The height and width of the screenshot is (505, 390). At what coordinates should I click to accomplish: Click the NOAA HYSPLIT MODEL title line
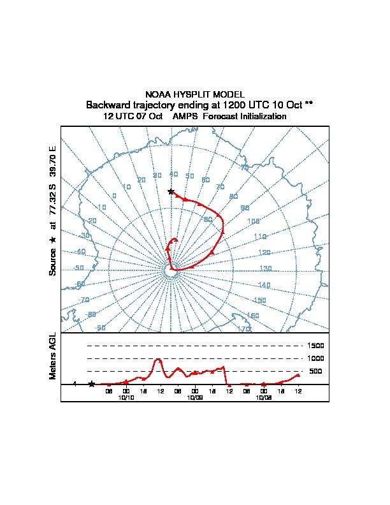tap(194, 94)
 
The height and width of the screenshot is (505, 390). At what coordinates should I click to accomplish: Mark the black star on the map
tap(171, 191)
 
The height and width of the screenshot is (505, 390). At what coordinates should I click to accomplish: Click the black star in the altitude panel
tap(92, 384)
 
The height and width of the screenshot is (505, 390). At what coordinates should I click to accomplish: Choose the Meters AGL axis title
tap(54, 356)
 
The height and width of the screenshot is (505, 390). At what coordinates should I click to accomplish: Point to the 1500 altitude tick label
tap(316, 346)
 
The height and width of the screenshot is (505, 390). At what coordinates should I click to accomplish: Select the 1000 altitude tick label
tap(316, 358)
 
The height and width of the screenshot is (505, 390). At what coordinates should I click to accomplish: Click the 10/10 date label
tap(126, 397)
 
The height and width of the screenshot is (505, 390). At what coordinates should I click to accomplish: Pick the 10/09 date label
tap(195, 397)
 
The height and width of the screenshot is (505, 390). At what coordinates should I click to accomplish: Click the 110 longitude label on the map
tap(259, 237)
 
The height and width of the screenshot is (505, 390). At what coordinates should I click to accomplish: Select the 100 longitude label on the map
tap(253, 221)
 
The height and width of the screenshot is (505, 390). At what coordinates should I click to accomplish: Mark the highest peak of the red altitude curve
tap(158, 359)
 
